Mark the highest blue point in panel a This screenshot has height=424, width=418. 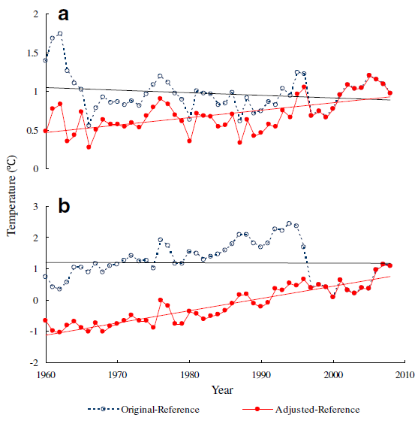[x=60, y=33]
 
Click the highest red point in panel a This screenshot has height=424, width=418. [x=369, y=75]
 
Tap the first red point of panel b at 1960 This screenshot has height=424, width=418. [x=46, y=320]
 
